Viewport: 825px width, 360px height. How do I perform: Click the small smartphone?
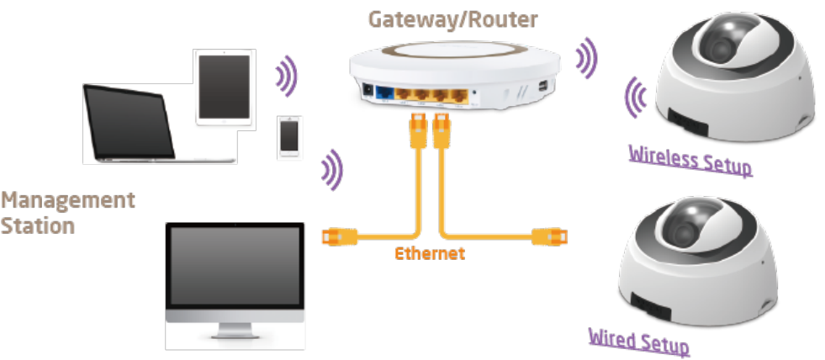(x=290, y=137)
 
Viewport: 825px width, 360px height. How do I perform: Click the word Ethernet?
(x=429, y=253)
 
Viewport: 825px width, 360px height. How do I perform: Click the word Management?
(x=67, y=201)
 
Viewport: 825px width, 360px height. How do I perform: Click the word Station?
(x=37, y=225)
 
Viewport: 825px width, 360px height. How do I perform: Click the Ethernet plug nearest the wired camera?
(x=552, y=236)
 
